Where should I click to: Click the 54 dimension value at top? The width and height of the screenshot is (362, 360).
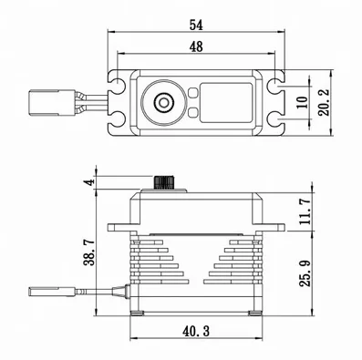[196, 25]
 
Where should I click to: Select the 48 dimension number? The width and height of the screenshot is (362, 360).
[196, 46]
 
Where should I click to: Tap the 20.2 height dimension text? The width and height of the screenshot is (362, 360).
[324, 102]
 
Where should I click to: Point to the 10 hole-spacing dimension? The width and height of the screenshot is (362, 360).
[303, 102]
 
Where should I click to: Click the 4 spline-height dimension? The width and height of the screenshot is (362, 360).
[89, 182]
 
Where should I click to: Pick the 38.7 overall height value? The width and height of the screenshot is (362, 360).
[89, 252]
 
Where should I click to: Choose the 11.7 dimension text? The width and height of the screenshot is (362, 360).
[305, 211]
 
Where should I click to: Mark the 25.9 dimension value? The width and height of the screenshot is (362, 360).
[305, 273]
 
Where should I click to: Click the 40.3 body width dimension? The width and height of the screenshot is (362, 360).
[196, 331]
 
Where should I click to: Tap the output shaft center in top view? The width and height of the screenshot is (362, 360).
[164, 102]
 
